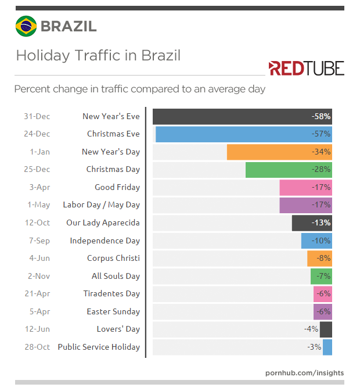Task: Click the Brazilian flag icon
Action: (25, 26)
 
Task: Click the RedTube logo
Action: (306, 69)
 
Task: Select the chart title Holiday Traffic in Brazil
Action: (98, 56)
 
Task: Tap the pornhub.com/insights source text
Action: (304, 372)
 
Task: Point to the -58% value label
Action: (321, 116)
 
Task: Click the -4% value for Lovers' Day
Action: (311, 329)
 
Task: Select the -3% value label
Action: (314, 347)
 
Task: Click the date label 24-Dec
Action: (37, 134)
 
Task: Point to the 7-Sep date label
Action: (38, 241)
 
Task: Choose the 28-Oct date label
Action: (37, 347)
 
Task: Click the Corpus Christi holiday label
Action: (113, 259)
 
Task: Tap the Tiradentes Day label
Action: (111, 294)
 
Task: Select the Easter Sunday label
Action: (113, 311)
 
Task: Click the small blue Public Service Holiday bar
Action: (327, 347)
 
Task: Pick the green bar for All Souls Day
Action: (321, 276)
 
